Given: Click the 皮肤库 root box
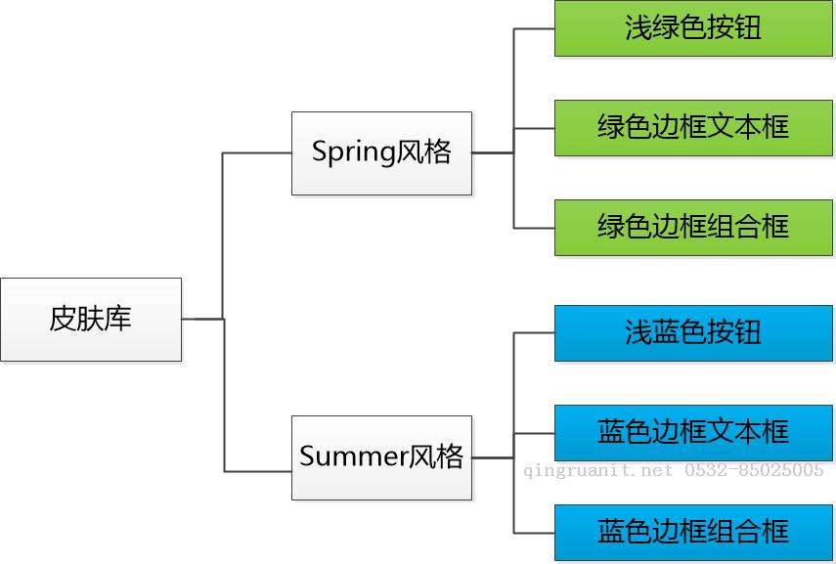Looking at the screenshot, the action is (x=91, y=320).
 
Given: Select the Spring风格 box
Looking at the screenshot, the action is (x=381, y=153).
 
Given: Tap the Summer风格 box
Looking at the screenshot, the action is (x=381, y=457).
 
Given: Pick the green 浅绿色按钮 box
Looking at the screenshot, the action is (x=693, y=28).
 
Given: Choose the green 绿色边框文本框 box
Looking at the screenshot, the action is (x=693, y=128).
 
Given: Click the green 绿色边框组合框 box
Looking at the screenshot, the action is (x=693, y=228).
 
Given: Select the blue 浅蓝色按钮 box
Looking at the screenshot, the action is (x=693, y=333).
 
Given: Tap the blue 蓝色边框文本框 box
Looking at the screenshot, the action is (x=693, y=433).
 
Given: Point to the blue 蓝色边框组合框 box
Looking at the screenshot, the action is (x=693, y=533).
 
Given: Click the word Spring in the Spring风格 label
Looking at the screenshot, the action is (x=354, y=152).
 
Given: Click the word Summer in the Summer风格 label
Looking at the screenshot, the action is (x=354, y=456).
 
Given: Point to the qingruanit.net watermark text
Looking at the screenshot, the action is (x=598, y=470).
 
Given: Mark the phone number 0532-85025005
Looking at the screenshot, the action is (x=754, y=469).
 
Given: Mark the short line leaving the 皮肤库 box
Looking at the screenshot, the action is (x=202, y=320).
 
